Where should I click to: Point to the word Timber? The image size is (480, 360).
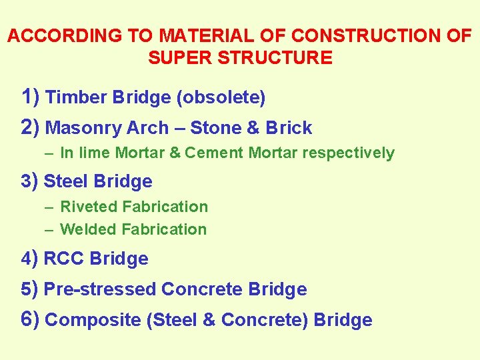pos(77,98)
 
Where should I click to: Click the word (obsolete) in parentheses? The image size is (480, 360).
pos(221,98)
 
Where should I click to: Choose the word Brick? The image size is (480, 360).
pos(289,127)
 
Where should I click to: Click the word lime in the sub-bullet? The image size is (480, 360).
pos(94,153)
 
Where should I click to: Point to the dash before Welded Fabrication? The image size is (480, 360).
pos(50,229)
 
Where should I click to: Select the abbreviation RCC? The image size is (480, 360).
pos(64,259)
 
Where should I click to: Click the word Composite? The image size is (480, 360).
pos(93,320)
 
